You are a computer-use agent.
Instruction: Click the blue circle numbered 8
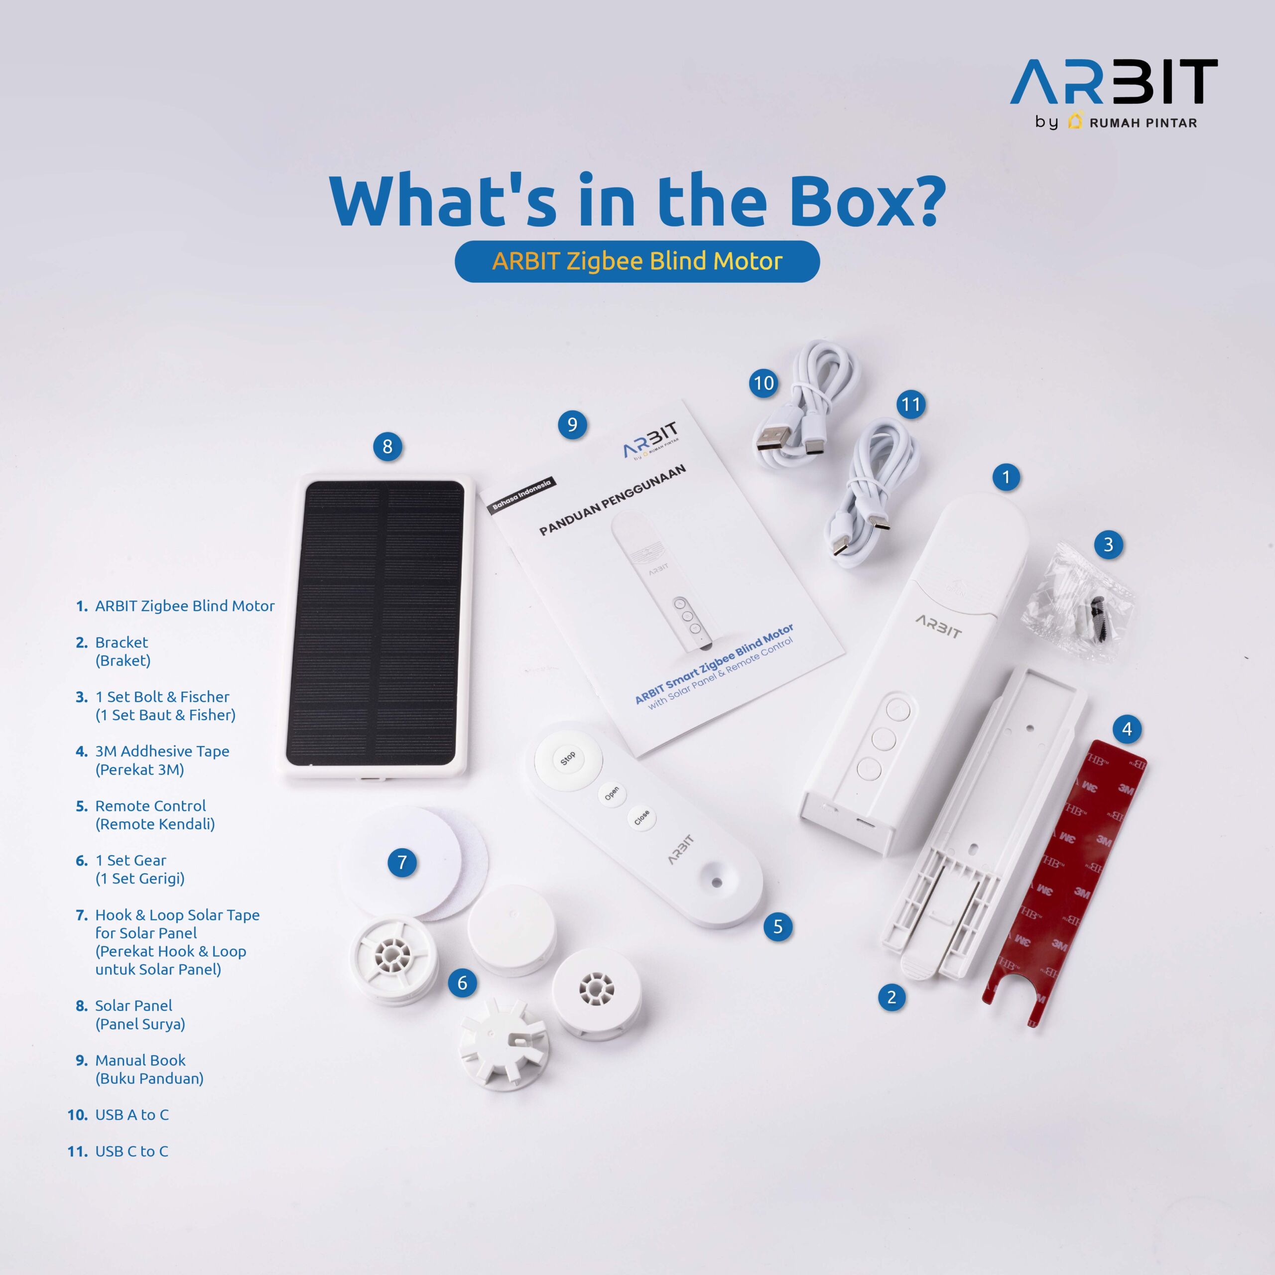(387, 447)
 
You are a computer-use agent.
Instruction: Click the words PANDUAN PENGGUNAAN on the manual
(613, 500)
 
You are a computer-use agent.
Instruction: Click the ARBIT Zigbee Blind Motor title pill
(637, 261)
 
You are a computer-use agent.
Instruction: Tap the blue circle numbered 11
(911, 404)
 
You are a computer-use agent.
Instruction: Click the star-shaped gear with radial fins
(504, 1041)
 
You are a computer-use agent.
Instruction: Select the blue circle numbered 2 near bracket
(892, 997)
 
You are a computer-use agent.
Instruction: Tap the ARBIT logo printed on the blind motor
(938, 626)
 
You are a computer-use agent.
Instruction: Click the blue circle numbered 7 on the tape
(402, 862)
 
